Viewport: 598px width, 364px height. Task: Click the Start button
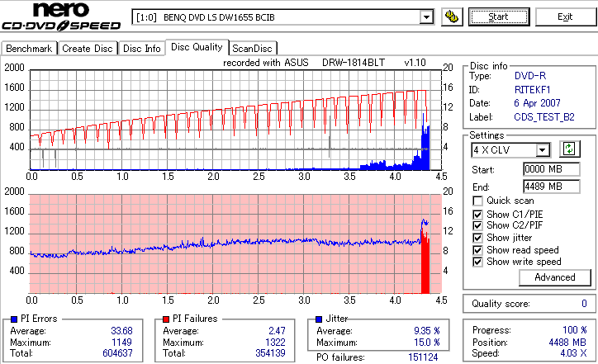499,17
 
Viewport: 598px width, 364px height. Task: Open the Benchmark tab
30,49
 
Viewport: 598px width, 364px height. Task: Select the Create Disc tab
88,49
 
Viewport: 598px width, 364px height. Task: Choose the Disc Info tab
142,49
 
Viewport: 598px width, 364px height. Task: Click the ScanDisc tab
254,49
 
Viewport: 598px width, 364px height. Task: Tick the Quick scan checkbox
477,201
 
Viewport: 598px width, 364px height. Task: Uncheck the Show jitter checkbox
477,238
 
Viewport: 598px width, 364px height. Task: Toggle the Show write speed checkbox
477,262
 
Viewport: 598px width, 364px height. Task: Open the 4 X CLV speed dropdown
543,150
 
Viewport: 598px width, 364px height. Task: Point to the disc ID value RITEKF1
532,89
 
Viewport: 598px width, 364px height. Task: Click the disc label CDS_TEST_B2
544,117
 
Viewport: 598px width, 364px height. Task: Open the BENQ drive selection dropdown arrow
426,17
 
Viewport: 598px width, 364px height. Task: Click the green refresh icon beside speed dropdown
567,149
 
